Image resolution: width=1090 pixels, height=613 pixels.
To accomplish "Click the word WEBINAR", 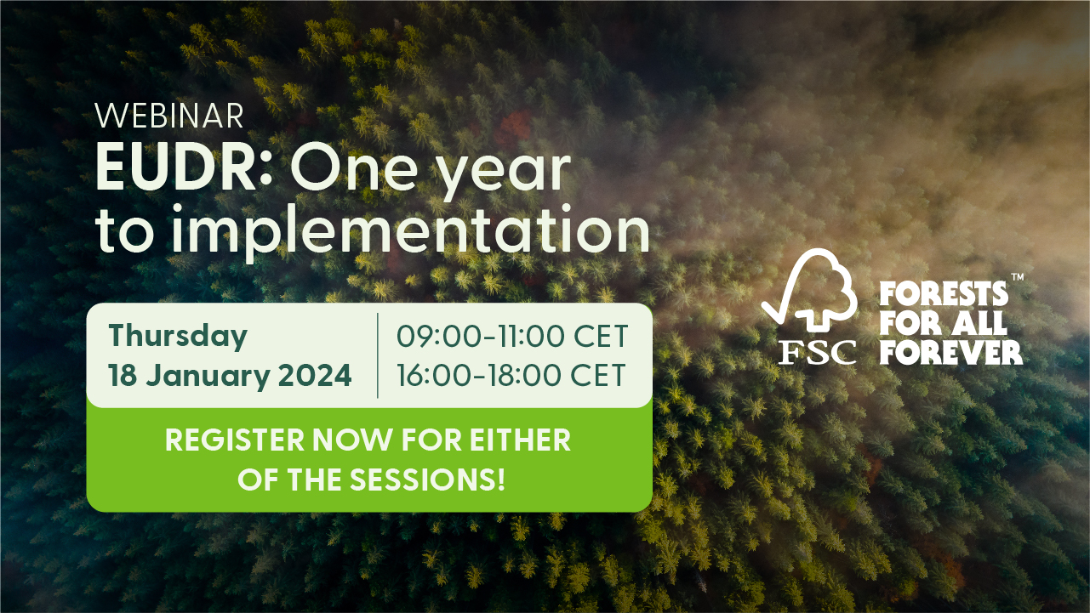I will point(169,116).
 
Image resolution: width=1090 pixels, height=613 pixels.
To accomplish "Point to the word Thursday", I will point(178,336).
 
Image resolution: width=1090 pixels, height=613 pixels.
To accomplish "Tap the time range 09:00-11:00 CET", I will point(511,337).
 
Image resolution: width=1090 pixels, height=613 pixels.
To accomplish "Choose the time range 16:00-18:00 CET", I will point(511,376).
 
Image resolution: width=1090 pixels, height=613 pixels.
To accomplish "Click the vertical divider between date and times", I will point(377,355).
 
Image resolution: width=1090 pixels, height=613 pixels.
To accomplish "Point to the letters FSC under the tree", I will point(817,351).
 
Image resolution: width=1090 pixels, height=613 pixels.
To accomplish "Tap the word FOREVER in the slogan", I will point(950,352).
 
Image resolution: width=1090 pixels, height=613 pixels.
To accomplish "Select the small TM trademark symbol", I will point(1017,278).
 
